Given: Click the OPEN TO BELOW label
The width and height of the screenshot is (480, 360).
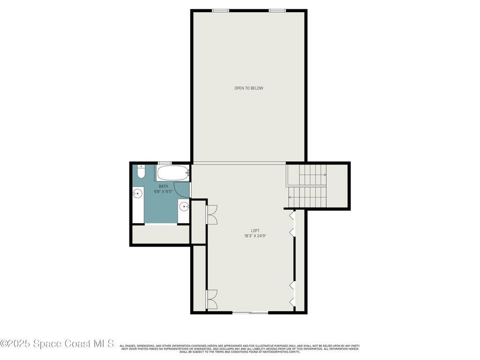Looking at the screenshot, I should (x=249, y=88).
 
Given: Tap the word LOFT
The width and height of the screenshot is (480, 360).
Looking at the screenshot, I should (x=255, y=231).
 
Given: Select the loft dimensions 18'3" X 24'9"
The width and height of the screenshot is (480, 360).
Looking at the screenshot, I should (x=255, y=236).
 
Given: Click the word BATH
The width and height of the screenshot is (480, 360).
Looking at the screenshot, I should (x=163, y=186).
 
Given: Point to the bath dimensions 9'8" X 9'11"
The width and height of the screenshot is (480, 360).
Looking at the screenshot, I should (x=164, y=192).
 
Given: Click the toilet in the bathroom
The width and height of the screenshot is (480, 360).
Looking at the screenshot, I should (x=141, y=172).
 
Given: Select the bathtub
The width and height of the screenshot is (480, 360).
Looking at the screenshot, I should (x=172, y=173).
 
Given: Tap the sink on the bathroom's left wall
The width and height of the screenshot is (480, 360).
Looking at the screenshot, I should (x=137, y=193).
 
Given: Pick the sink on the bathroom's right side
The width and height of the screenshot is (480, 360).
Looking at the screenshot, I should (x=184, y=206).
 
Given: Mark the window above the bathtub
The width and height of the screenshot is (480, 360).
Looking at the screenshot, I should (x=165, y=163).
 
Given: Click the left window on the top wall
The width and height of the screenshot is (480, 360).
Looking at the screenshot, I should (x=220, y=10).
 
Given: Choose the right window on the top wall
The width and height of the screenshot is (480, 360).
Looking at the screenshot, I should (x=277, y=10).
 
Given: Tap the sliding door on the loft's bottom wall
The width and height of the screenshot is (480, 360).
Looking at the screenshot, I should (x=250, y=313).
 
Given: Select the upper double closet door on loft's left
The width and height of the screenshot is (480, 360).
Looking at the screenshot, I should (x=212, y=214).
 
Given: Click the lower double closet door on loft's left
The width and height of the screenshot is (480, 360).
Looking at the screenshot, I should (x=212, y=299).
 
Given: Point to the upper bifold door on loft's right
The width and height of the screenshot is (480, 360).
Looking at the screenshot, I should (x=292, y=224).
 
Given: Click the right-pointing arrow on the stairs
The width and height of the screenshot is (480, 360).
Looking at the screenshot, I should (x=324, y=174).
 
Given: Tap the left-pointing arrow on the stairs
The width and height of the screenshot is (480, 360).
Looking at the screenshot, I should (x=290, y=197).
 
